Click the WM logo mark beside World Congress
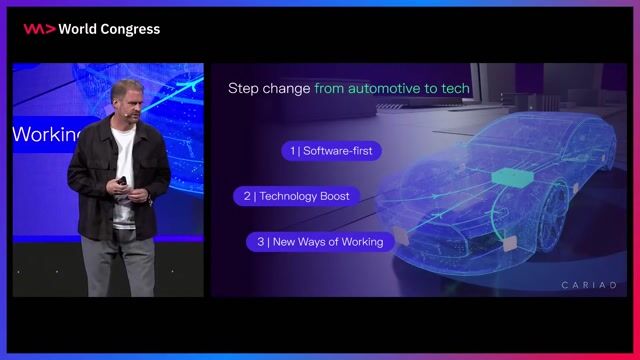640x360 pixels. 39,29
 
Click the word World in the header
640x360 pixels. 78,29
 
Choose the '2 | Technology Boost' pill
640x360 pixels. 296,196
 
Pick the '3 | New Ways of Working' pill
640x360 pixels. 316,241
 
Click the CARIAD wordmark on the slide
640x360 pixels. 589,285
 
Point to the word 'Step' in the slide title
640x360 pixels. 243,88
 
